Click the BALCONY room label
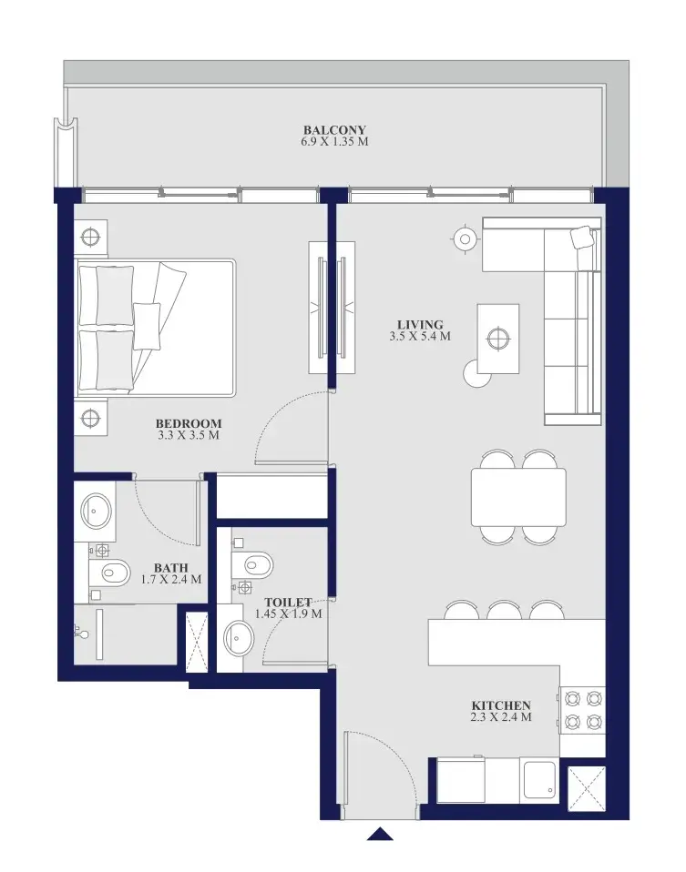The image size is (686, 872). coord(334,130)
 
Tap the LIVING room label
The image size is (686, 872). coord(420,325)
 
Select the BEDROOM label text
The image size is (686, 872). coord(189,424)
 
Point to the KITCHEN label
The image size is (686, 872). coord(500,705)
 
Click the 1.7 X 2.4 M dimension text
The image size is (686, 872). coord(171,580)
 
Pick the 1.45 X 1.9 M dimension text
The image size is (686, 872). coord(289,614)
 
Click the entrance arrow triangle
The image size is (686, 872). coord(380,834)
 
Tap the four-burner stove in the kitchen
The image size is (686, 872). coord(582,711)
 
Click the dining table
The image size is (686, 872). coord(518,497)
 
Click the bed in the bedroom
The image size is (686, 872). coord(156,328)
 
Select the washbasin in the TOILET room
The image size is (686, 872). coord(239,638)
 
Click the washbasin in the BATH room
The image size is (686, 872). coord(96,511)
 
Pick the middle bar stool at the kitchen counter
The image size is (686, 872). coord(505,611)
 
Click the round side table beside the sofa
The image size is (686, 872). coord(465,239)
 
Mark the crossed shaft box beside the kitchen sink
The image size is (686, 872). coord(587,787)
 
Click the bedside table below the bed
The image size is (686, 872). coord(91,417)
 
